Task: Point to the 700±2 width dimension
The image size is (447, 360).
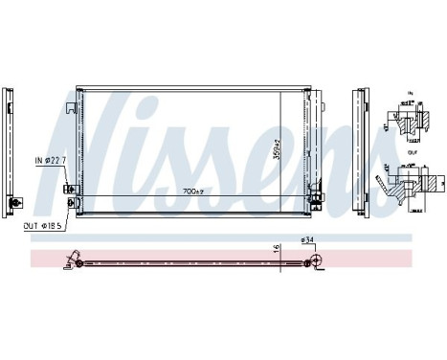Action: point(195,191)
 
